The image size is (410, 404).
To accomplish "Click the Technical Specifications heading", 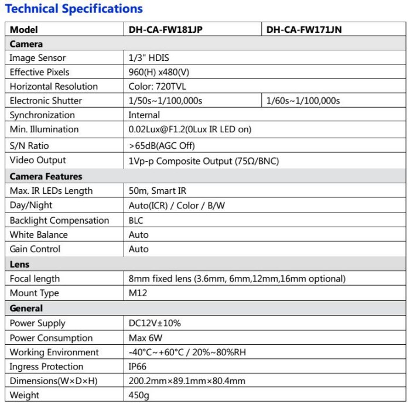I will pyautogui.click(x=74, y=9).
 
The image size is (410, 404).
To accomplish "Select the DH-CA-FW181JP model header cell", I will pyautogui.click(x=166, y=30).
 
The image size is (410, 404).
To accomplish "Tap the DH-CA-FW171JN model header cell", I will pyautogui.click(x=304, y=30).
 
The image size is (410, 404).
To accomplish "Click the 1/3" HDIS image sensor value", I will pyautogui.click(x=149, y=58).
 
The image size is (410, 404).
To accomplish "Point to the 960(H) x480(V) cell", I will pyautogui.click(x=159, y=72).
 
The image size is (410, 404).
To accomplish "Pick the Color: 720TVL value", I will pyautogui.click(x=158, y=87).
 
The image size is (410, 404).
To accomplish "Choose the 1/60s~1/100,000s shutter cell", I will pyautogui.click(x=303, y=101).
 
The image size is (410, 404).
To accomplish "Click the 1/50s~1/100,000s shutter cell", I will pyautogui.click(x=165, y=101).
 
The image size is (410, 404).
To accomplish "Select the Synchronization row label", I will pyautogui.click(x=42, y=115).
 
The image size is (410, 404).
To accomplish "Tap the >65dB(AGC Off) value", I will pyautogui.click(x=162, y=145).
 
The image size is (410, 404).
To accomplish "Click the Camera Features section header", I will pyautogui.click(x=46, y=176).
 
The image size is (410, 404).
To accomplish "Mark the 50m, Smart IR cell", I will pyautogui.click(x=158, y=191).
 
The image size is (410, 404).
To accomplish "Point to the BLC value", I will pyautogui.click(x=136, y=221).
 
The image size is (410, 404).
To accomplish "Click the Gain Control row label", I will pyautogui.click(x=35, y=249).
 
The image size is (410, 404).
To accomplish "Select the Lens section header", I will pyautogui.click(x=20, y=264).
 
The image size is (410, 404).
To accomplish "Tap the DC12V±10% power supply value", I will pyautogui.click(x=155, y=323).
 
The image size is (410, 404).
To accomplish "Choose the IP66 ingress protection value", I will pyautogui.click(x=138, y=367).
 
